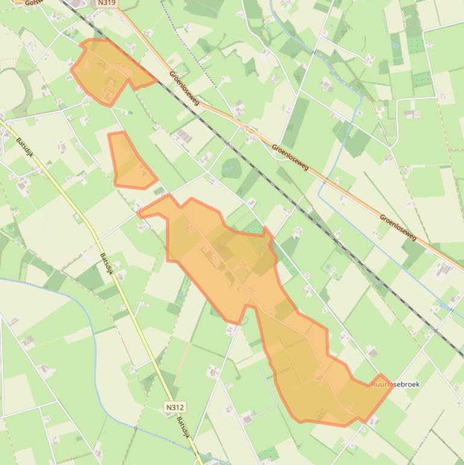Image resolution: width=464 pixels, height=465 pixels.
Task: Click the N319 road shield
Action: pos(106,3)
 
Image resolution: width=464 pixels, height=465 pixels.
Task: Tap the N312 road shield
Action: pos(174,408)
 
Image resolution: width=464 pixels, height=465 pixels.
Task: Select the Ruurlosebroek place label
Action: pos(395,384)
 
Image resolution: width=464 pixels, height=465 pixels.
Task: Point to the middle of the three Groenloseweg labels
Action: pos(290,156)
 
